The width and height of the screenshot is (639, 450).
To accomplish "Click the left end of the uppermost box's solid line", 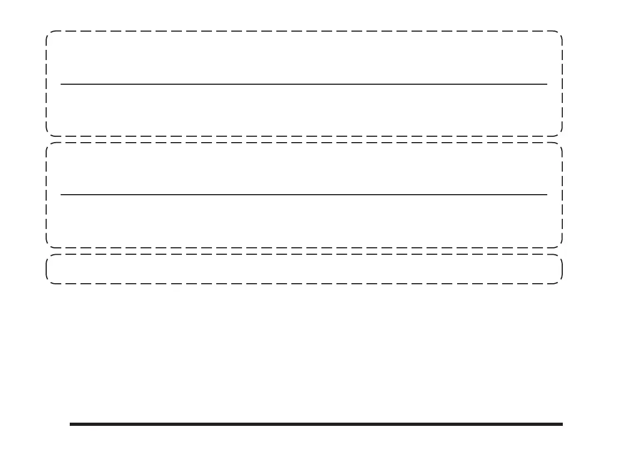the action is click(x=61, y=84).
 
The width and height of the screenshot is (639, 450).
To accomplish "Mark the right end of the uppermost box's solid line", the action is click(x=547, y=84).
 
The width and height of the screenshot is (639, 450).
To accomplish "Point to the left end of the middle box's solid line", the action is click(x=61, y=195).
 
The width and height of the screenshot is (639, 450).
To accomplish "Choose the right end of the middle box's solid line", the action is click(x=547, y=195).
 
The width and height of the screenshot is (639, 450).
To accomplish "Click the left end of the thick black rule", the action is click(x=70, y=424).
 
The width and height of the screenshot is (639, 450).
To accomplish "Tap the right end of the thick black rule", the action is click(x=563, y=424).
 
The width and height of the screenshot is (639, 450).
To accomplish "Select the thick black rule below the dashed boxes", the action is click(x=317, y=424).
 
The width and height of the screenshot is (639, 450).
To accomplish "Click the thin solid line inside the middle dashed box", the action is click(x=304, y=195).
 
